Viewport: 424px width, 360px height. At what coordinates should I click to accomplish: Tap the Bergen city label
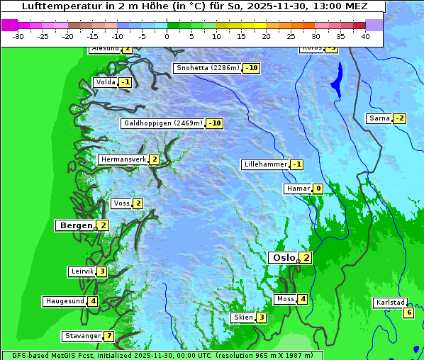77,225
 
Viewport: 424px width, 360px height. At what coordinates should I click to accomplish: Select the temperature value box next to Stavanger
108,336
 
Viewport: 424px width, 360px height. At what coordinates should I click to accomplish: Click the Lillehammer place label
266,164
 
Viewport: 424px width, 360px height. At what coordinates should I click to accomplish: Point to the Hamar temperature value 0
318,189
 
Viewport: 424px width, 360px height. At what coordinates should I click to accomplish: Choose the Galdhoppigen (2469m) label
163,123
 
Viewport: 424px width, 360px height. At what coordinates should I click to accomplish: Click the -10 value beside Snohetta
251,68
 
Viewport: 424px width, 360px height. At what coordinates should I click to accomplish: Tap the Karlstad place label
391,303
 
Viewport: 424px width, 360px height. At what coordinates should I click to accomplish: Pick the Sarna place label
379,118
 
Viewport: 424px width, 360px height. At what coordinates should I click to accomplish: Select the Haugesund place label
65,301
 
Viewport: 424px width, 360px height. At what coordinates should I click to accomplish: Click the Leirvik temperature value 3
102,271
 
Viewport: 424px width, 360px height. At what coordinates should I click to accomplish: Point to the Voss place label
121,203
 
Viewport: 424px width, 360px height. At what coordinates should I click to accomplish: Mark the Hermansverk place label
123,159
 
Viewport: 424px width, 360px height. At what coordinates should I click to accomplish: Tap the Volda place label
106,82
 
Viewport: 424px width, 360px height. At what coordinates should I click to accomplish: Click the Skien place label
243,317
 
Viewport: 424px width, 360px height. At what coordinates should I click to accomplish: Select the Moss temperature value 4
302,299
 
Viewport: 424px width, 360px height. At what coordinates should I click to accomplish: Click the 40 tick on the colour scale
365,36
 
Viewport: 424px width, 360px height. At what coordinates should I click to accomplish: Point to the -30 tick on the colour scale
18,36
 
